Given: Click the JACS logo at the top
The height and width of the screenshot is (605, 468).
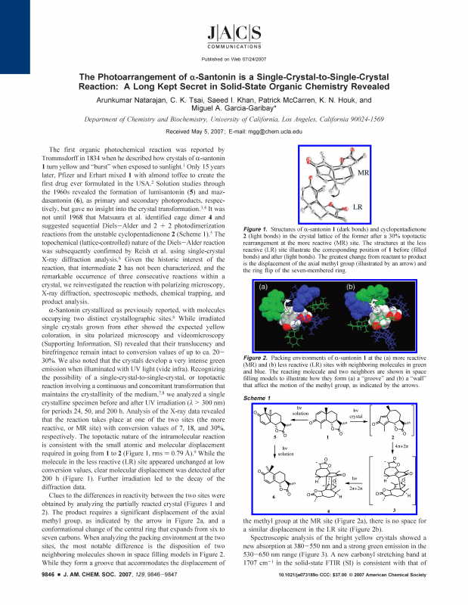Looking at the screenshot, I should pos(234,34).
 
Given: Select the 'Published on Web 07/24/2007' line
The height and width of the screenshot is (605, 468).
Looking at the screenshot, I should pos(234,58).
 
